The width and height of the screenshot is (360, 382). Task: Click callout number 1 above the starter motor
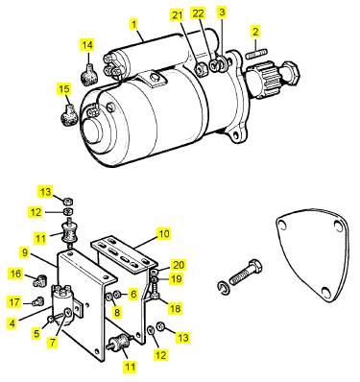tap(134, 24)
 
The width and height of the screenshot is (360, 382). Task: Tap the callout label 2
tap(255, 32)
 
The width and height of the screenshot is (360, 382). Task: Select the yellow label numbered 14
tap(87, 45)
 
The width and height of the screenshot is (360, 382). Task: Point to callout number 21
tap(178, 15)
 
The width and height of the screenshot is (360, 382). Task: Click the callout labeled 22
tap(198, 13)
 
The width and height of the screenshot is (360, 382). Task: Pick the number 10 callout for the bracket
tap(163, 234)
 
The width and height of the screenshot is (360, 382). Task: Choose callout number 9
tap(25, 252)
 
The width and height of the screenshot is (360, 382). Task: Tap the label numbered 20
tap(179, 265)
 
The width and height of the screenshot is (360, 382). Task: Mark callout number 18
tap(175, 308)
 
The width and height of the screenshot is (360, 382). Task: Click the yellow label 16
tap(15, 274)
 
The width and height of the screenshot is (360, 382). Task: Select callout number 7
tap(53, 343)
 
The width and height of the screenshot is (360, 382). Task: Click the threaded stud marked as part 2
tap(256, 53)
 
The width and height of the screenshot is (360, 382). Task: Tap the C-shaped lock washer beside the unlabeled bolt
tap(223, 287)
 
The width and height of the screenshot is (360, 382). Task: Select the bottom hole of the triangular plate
tap(325, 292)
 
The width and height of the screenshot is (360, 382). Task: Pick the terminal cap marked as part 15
tap(69, 114)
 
